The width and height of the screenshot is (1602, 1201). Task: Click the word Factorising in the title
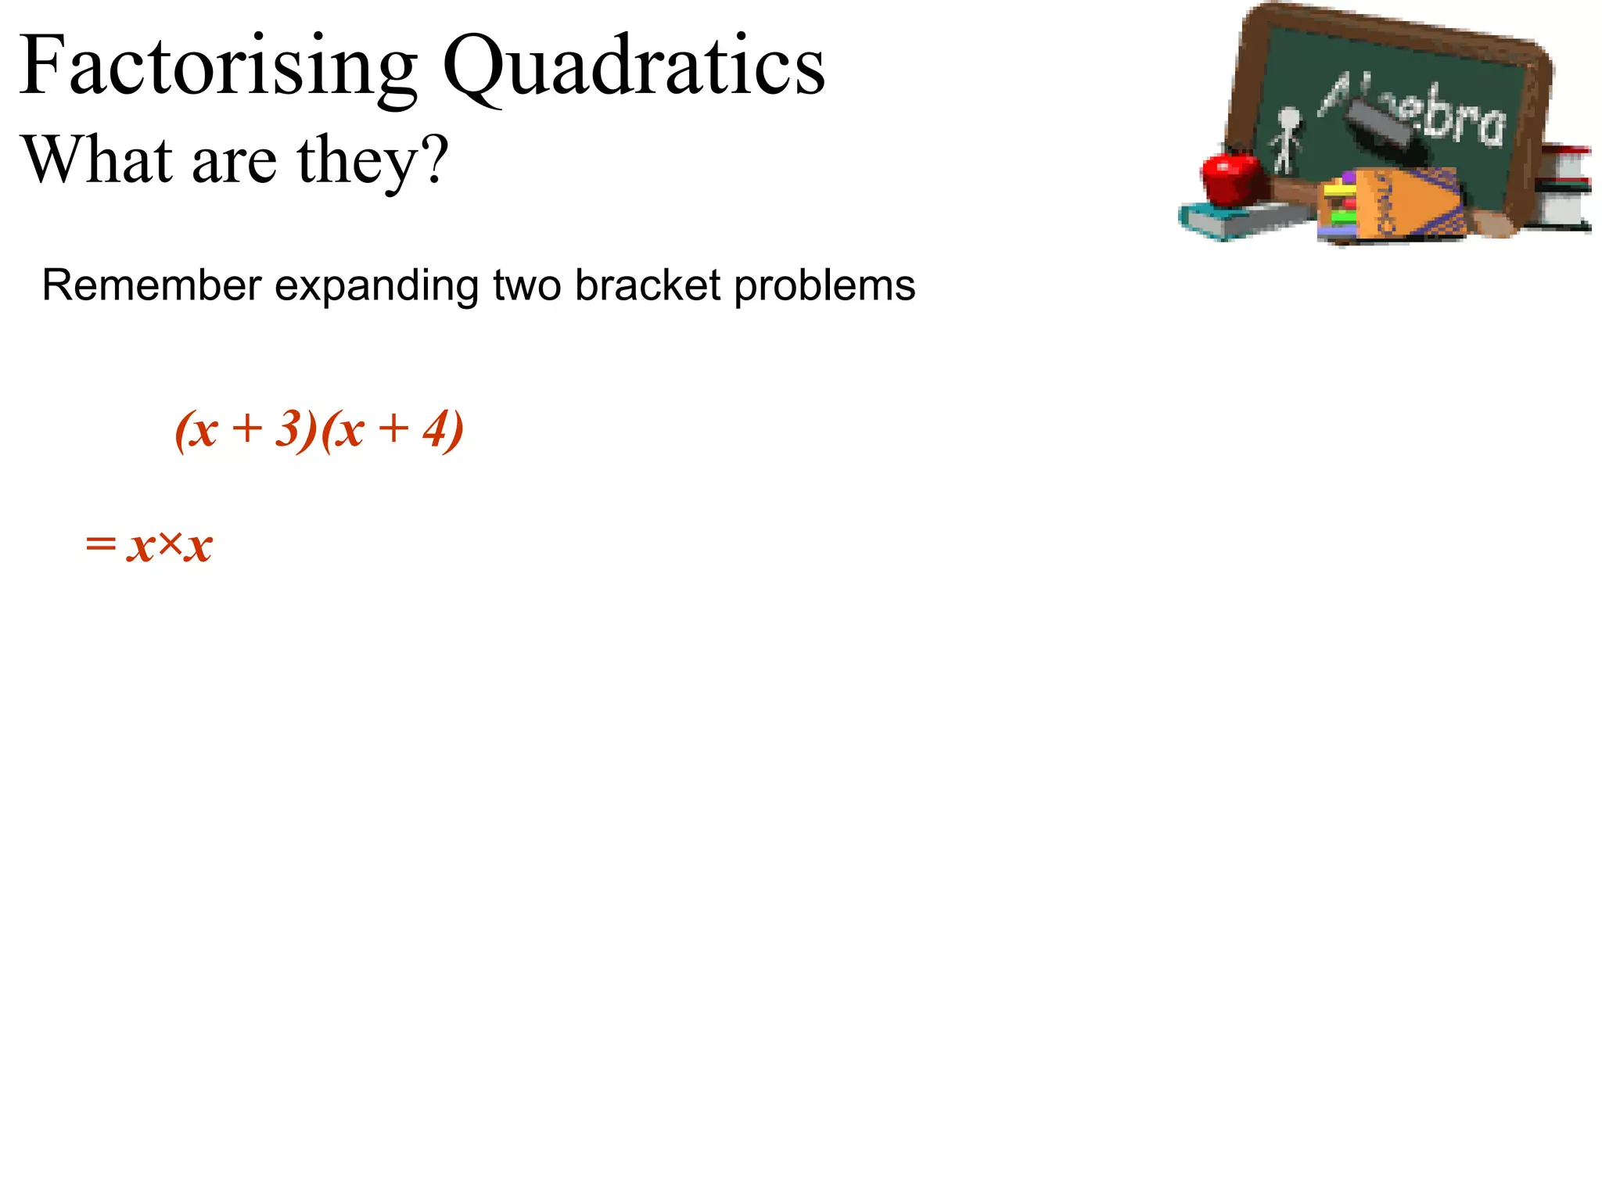(218, 67)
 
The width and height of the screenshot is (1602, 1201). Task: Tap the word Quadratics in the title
(634, 67)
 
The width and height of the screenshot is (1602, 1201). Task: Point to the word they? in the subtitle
(372, 161)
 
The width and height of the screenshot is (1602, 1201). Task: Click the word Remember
(151, 285)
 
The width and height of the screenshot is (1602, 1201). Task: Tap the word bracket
(648, 285)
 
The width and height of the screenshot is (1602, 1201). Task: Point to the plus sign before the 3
(247, 429)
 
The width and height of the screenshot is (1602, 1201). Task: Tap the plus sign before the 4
(393, 429)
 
